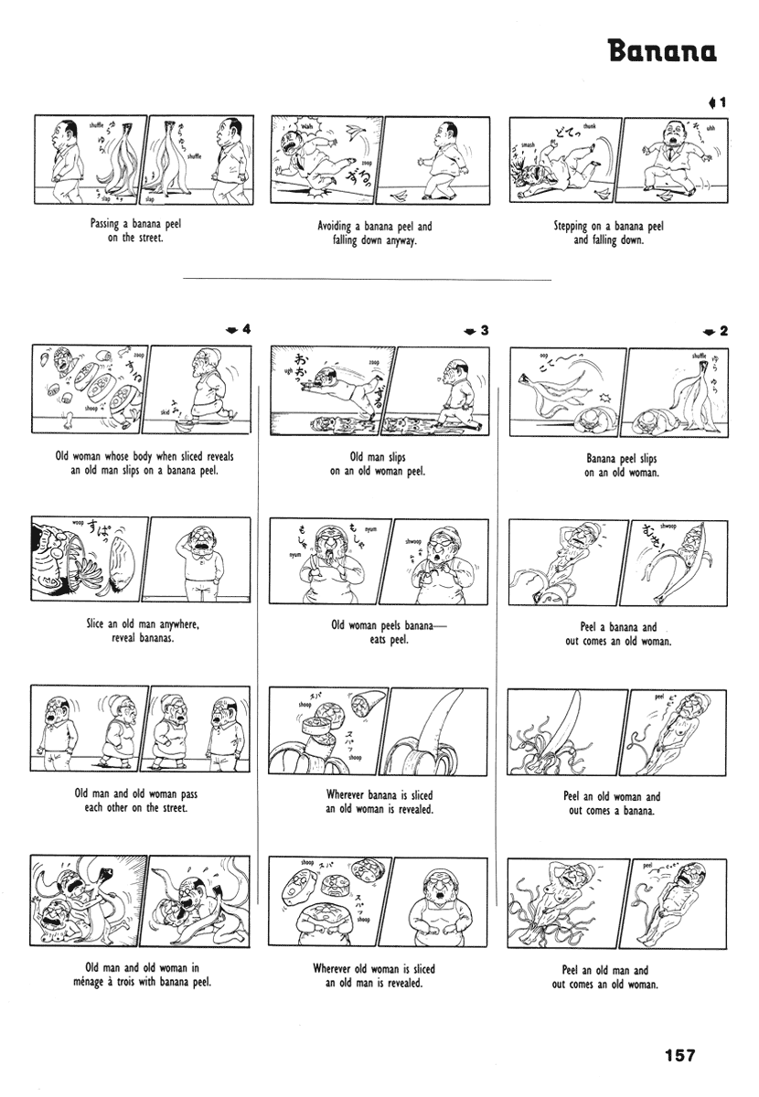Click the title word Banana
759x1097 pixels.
point(662,51)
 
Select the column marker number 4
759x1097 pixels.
point(245,330)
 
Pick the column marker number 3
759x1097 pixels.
point(485,330)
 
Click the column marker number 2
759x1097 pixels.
point(722,330)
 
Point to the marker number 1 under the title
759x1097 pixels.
point(722,102)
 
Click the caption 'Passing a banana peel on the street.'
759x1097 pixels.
point(135,230)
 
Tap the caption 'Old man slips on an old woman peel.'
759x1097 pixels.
point(379,464)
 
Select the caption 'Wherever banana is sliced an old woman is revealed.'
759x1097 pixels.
point(379,802)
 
